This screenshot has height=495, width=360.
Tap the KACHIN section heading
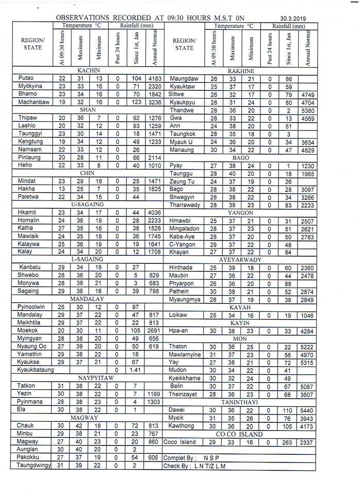coord(88,70)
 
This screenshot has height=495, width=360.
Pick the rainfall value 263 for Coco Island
coord(289,442)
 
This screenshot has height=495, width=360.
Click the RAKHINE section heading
coord(241,70)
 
